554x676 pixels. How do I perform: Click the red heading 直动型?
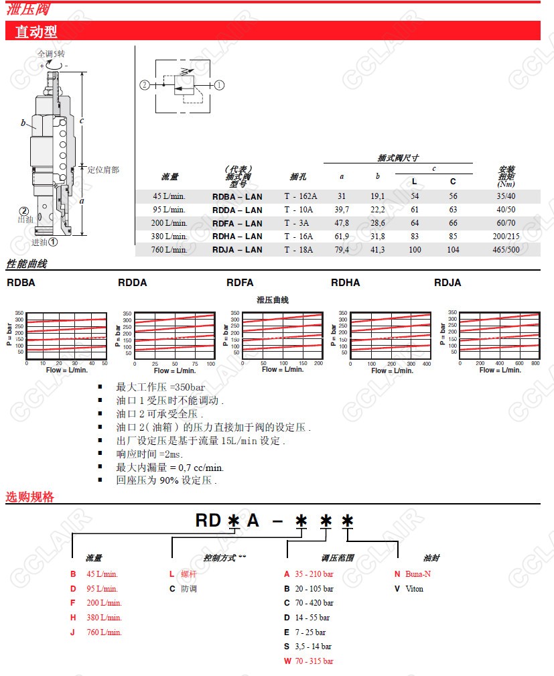[x=36, y=31]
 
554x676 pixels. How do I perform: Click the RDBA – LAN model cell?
[x=237, y=196]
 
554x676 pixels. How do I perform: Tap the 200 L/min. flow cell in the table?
[x=169, y=223]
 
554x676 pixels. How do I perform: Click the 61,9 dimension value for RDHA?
[x=342, y=236]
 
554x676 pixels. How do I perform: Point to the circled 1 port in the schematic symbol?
[x=219, y=85]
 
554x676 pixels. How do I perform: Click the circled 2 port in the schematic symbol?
[x=145, y=85]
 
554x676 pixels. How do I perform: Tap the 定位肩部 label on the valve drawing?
[x=103, y=170]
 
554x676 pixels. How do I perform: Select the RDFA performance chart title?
[x=240, y=283]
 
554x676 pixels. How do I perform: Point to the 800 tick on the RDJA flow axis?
[x=535, y=362]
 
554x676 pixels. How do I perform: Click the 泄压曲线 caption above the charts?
[x=272, y=300]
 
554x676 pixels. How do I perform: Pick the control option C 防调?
[x=184, y=588]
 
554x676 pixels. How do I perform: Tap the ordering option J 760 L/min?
[x=96, y=632]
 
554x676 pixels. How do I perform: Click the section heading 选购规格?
[x=29, y=496]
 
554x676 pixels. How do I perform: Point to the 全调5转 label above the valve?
[x=51, y=53]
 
